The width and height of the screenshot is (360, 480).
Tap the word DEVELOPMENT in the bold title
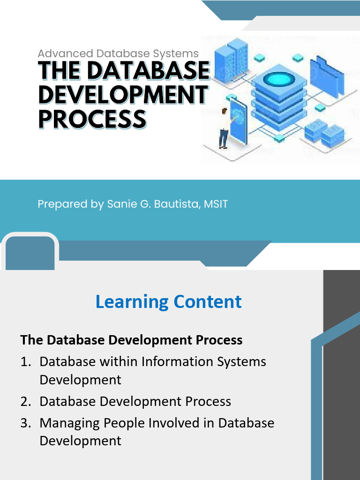[x=124, y=95]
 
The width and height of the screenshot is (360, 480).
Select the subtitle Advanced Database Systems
[x=118, y=53]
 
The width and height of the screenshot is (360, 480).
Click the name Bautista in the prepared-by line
[x=177, y=204]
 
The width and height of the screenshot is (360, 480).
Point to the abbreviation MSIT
[x=216, y=204]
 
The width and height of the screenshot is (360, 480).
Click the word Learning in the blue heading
[x=132, y=302]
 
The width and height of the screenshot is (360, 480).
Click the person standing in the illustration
[x=224, y=128]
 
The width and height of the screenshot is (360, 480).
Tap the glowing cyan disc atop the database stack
[x=279, y=79]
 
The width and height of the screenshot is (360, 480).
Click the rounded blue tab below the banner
[x=30, y=252]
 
